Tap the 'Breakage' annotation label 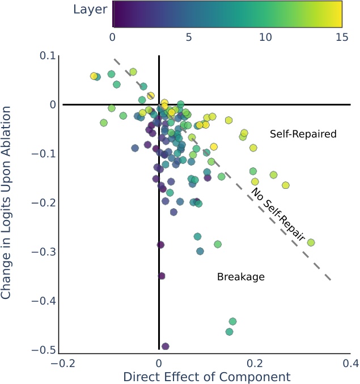[x=241, y=277]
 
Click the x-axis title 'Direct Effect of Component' [x=206, y=377]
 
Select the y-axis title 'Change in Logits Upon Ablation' [x=7, y=202]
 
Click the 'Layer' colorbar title [x=90, y=10]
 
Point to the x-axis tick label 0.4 [x=350, y=362]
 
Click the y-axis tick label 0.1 [x=48, y=56]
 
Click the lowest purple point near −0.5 [x=166, y=346]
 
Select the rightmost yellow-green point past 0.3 [x=311, y=242]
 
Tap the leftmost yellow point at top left [x=94, y=76]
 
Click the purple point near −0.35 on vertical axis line [x=162, y=276]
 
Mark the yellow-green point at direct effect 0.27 [x=286, y=185]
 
